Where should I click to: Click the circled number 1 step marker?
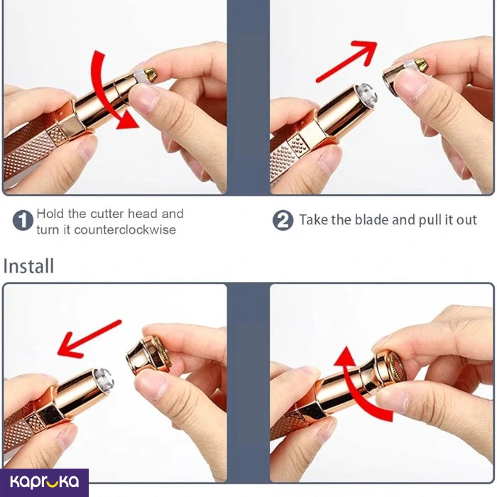[x=23, y=220]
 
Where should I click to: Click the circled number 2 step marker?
[x=283, y=220]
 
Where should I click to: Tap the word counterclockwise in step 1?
[x=125, y=230]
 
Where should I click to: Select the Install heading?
[x=28, y=266]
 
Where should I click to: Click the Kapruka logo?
[x=44, y=482]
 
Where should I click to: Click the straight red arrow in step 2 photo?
[x=346, y=61]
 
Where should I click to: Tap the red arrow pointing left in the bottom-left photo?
[x=89, y=339]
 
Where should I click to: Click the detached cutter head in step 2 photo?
[x=405, y=75]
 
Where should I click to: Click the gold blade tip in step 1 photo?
[x=151, y=75]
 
